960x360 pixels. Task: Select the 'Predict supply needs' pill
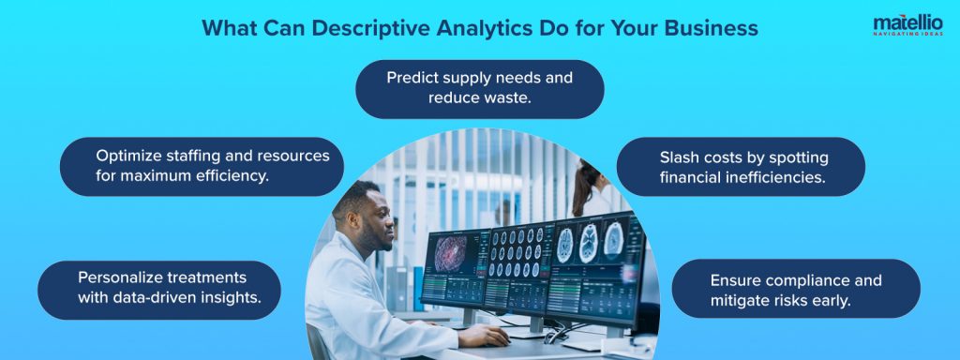click(480, 88)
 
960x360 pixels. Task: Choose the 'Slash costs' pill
click(741, 166)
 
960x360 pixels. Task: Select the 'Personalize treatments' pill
click(159, 289)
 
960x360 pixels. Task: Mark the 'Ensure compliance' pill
click(796, 289)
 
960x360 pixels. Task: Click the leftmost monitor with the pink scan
click(454, 266)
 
